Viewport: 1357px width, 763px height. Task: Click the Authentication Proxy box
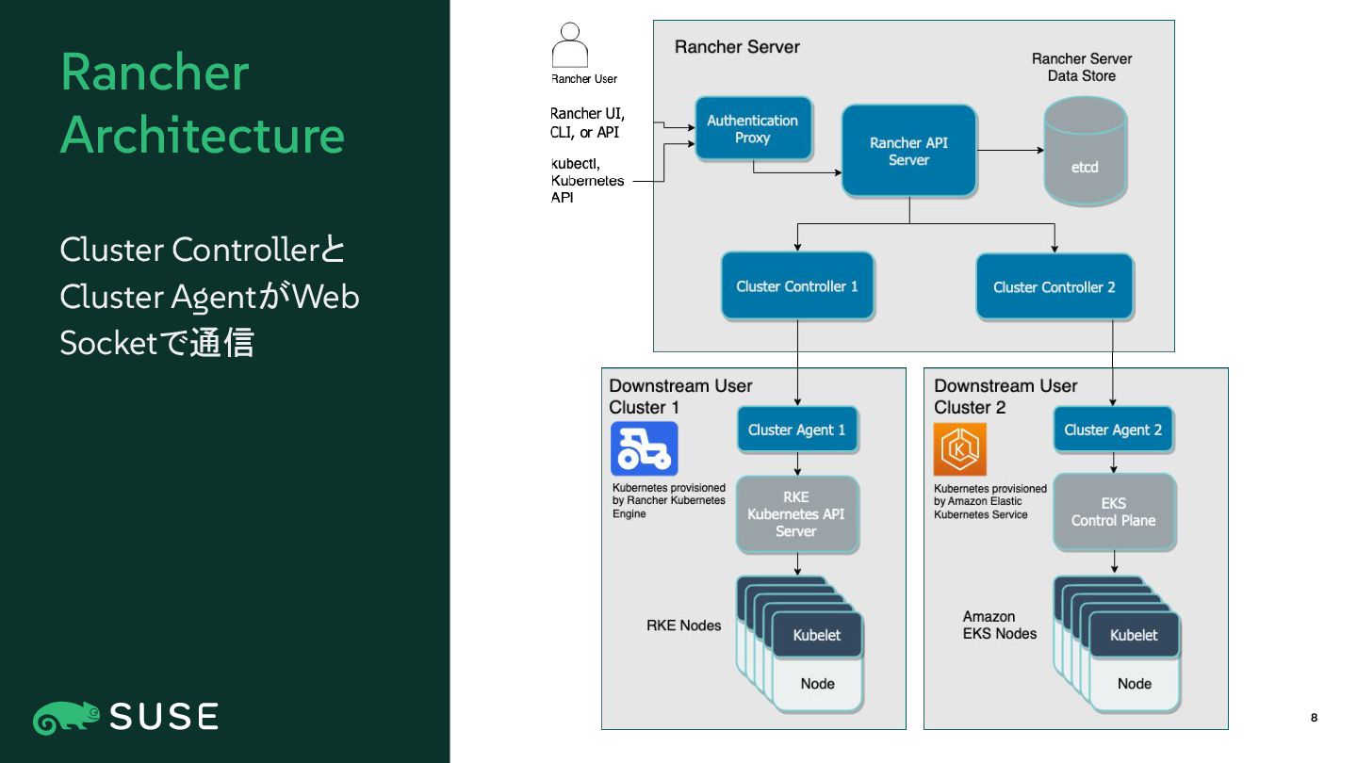click(x=753, y=128)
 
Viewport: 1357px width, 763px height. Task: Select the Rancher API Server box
click(x=908, y=151)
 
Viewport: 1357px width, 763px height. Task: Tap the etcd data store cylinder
click(x=1085, y=151)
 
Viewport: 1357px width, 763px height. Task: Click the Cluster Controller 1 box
click(x=797, y=285)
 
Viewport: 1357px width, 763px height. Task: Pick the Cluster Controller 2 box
click(x=1055, y=286)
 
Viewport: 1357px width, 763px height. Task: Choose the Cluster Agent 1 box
click(x=797, y=430)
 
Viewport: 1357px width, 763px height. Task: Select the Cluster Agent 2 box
click(x=1114, y=430)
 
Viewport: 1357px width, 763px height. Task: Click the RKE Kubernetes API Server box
click(x=797, y=514)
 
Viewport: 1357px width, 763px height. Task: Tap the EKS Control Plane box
click(x=1115, y=511)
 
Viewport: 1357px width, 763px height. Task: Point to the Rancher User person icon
click(x=570, y=45)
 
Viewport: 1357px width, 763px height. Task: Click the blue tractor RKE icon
click(x=644, y=448)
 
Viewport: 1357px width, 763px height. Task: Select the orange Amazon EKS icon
click(x=959, y=448)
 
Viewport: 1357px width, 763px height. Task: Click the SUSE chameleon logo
click(x=67, y=718)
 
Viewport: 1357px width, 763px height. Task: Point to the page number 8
click(x=1314, y=718)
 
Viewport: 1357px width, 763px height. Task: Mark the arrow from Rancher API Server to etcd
click(x=1010, y=150)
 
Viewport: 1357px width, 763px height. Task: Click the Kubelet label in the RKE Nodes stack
click(x=817, y=635)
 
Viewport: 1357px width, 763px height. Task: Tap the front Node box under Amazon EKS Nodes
click(x=1135, y=684)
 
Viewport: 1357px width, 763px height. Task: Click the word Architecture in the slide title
click(x=203, y=135)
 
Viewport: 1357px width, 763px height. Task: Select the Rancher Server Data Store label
click(x=1082, y=67)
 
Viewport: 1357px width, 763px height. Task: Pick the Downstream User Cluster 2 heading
click(x=1005, y=397)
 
